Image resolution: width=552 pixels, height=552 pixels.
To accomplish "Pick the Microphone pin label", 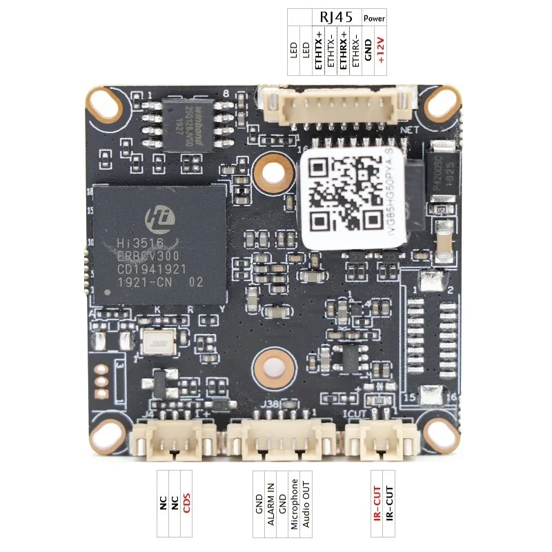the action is pyautogui.click(x=294, y=504).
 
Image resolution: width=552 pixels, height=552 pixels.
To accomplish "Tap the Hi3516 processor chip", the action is pyautogui.click(x=159, y=243).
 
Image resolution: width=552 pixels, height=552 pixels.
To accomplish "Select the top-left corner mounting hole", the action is pyautogui.click(x=107, y=105).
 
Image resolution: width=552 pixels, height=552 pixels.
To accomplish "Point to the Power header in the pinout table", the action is pyautogui.click(x=374, y=17).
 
